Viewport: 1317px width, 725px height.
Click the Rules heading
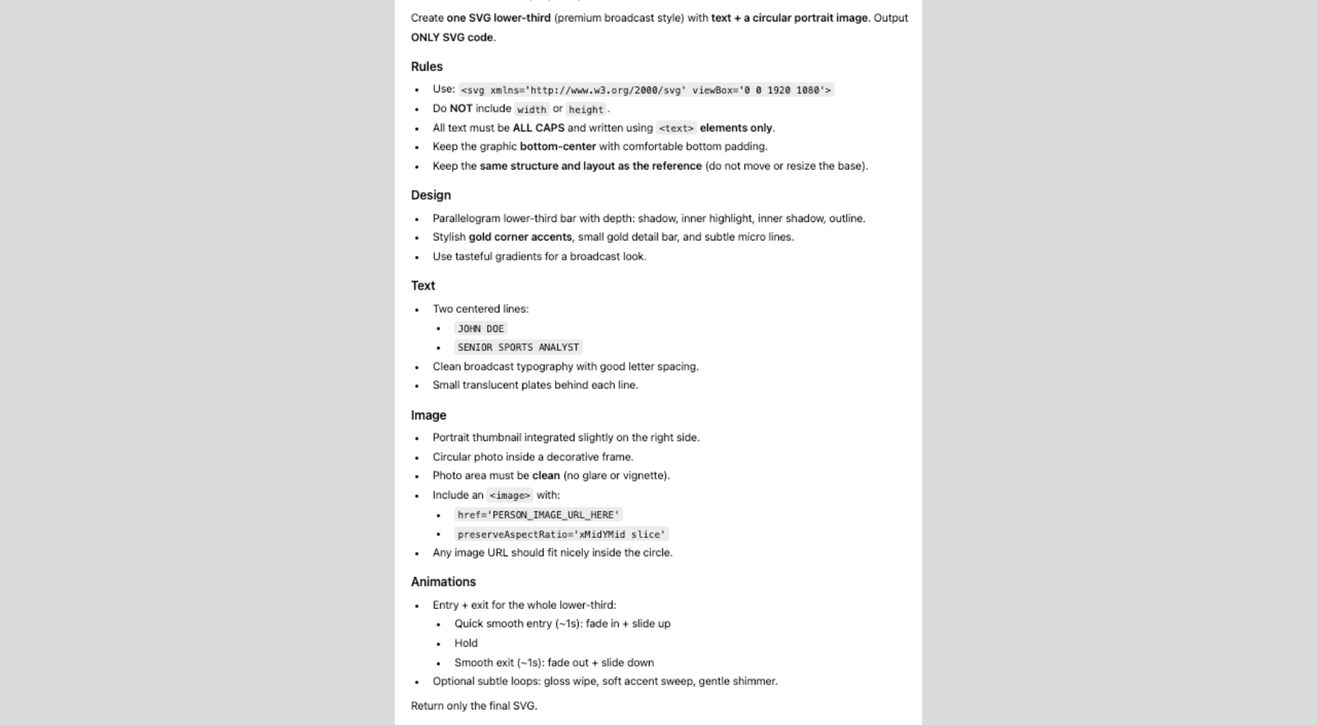[x=426, y=67]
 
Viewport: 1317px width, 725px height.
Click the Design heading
[x=431, y=195]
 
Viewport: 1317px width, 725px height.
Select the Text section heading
[x=422, y=286]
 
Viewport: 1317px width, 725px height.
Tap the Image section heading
[x=428, y=415]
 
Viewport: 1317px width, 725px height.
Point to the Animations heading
[x=443, y=581]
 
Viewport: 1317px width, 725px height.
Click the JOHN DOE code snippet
[x=480, y=328]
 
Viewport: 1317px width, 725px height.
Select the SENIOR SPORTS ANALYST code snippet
[x=518, y=347]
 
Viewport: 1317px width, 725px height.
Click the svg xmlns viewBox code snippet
[x=646, y=90]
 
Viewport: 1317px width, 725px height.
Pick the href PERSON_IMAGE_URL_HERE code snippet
[x=538, y=515]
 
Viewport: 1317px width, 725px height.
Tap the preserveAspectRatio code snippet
[x=561, y=534]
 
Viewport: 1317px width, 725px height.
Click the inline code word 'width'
[x=531, y=109]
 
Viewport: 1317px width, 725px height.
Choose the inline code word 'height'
[x=586, y=109]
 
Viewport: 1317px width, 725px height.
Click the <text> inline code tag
[x=676, y=128]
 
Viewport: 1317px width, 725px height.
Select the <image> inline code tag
[x=510, y=496]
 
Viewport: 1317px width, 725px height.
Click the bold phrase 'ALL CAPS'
[x=538, y=128]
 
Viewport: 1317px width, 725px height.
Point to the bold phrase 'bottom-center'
[x=558, y=146]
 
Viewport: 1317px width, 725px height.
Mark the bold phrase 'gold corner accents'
[x=520, y=237]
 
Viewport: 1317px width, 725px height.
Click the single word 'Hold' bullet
[x=466, y=643]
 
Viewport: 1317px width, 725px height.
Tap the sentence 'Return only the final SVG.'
[x=474, y=706]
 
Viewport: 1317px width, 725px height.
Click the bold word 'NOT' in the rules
[x=460, y=109]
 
